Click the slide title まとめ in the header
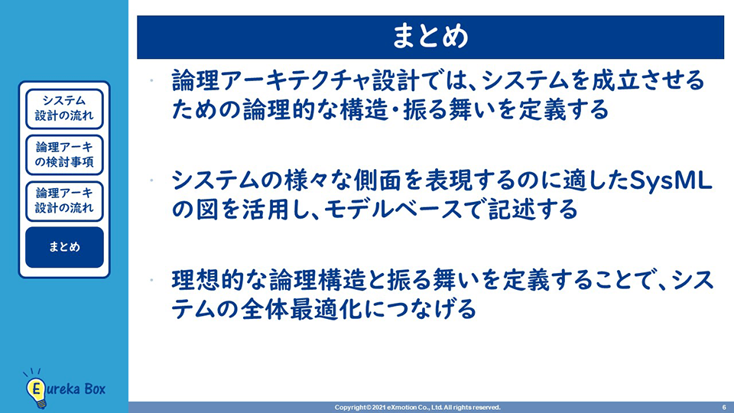(x=430, y=36)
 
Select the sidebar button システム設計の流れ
(x=64, y=109)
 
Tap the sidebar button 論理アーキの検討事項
(x=64, y=155)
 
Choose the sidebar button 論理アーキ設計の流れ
(x=64, y=201)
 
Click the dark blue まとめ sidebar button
(x=64, y=247)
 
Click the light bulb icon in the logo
(x=36, y=389)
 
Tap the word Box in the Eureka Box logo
(x=95, y=389)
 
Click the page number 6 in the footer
(x=724, y=408)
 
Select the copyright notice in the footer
(x=417, y=408)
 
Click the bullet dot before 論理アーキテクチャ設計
(x=151, y=80)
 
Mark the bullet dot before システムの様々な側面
(x=151, y=180)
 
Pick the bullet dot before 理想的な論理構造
(x=151, y=280)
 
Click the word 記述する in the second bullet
(x=533, y=210)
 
